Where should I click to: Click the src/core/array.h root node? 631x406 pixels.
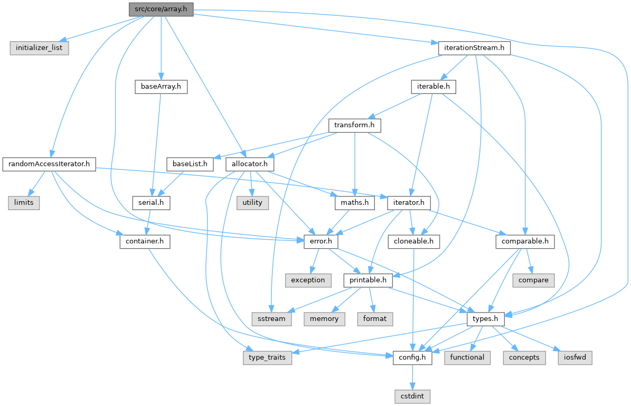tap(161, 9)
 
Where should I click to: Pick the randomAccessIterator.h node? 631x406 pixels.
tap(49, 164)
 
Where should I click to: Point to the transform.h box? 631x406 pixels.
tap(354, 125)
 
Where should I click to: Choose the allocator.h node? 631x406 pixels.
tap(250, 164)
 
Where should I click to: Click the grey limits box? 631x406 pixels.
tap(24, 203)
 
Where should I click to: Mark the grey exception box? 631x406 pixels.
tap(308, 280)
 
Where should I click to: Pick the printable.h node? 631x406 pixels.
tap(369, 280)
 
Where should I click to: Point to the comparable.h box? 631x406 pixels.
tap(525, 241)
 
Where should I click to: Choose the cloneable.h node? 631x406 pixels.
tap(414, 241)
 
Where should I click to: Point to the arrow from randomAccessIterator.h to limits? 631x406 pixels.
tap(35, 184)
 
